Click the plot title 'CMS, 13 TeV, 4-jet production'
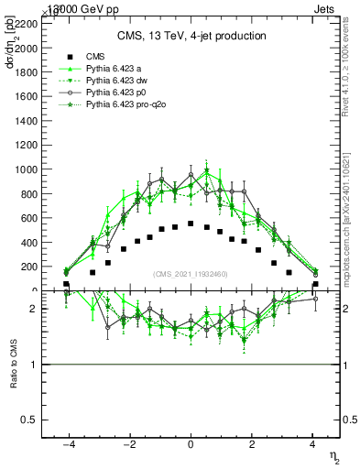point(191,36)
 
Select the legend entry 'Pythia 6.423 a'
point(113,69)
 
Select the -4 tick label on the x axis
point(67,444)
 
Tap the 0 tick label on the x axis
point(191,444)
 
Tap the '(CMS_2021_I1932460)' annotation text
point(191,274)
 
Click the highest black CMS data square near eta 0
point(191,224)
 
